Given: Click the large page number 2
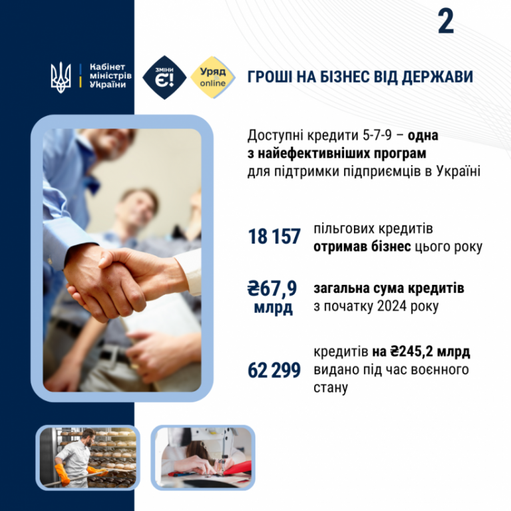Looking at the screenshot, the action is click(446, 21).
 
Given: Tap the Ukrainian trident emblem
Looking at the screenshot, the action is click(61, 77).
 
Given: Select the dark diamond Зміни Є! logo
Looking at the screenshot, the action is click(164, 78).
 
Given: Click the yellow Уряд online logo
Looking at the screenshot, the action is click(212, 77).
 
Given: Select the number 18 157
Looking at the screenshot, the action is click(274, 237).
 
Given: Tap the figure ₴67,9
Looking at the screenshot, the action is click(272, 288).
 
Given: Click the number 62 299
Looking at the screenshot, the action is click(274, 370).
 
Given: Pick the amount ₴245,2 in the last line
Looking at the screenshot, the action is click(412, 351).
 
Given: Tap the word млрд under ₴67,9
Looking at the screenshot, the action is click(273, 308).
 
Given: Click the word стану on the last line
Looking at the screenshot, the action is click(331, 388).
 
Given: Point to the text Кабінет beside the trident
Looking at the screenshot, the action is click(107, 67).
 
